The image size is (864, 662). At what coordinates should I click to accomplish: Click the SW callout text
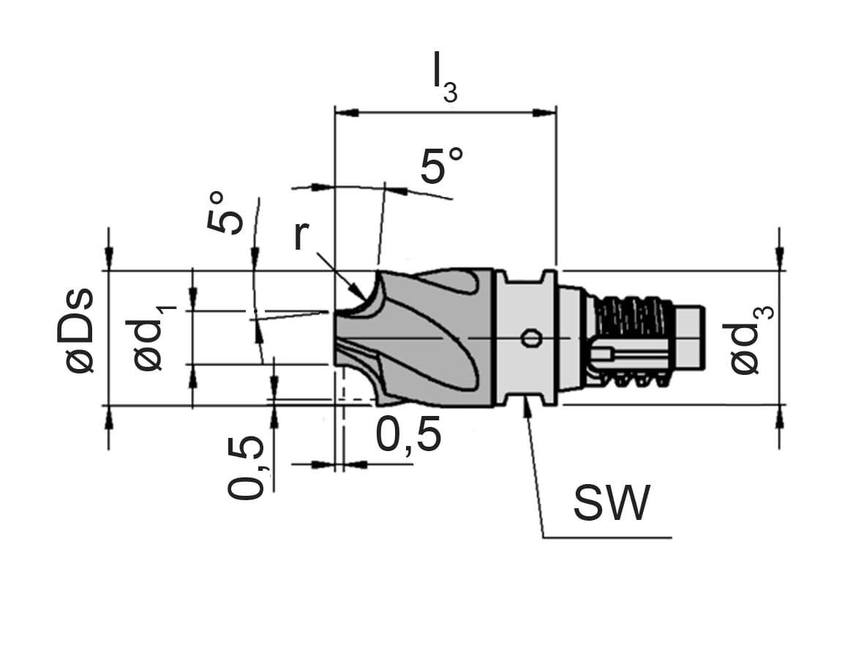click(x=612, y=503)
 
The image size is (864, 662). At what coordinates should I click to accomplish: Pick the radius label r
click(x=301, y=236)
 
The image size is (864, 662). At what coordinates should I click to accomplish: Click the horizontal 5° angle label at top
click(x=442, y=165)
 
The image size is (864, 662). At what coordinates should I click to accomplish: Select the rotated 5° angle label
click(x=225, y=213)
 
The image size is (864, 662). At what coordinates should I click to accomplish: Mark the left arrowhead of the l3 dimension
click(x=347, y=113)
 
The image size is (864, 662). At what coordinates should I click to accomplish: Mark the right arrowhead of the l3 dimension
click(x=544, y=113)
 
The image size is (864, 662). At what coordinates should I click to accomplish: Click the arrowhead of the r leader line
click(x=357, y=291)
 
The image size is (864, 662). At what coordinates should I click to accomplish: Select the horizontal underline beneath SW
click(x=607, y=537)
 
